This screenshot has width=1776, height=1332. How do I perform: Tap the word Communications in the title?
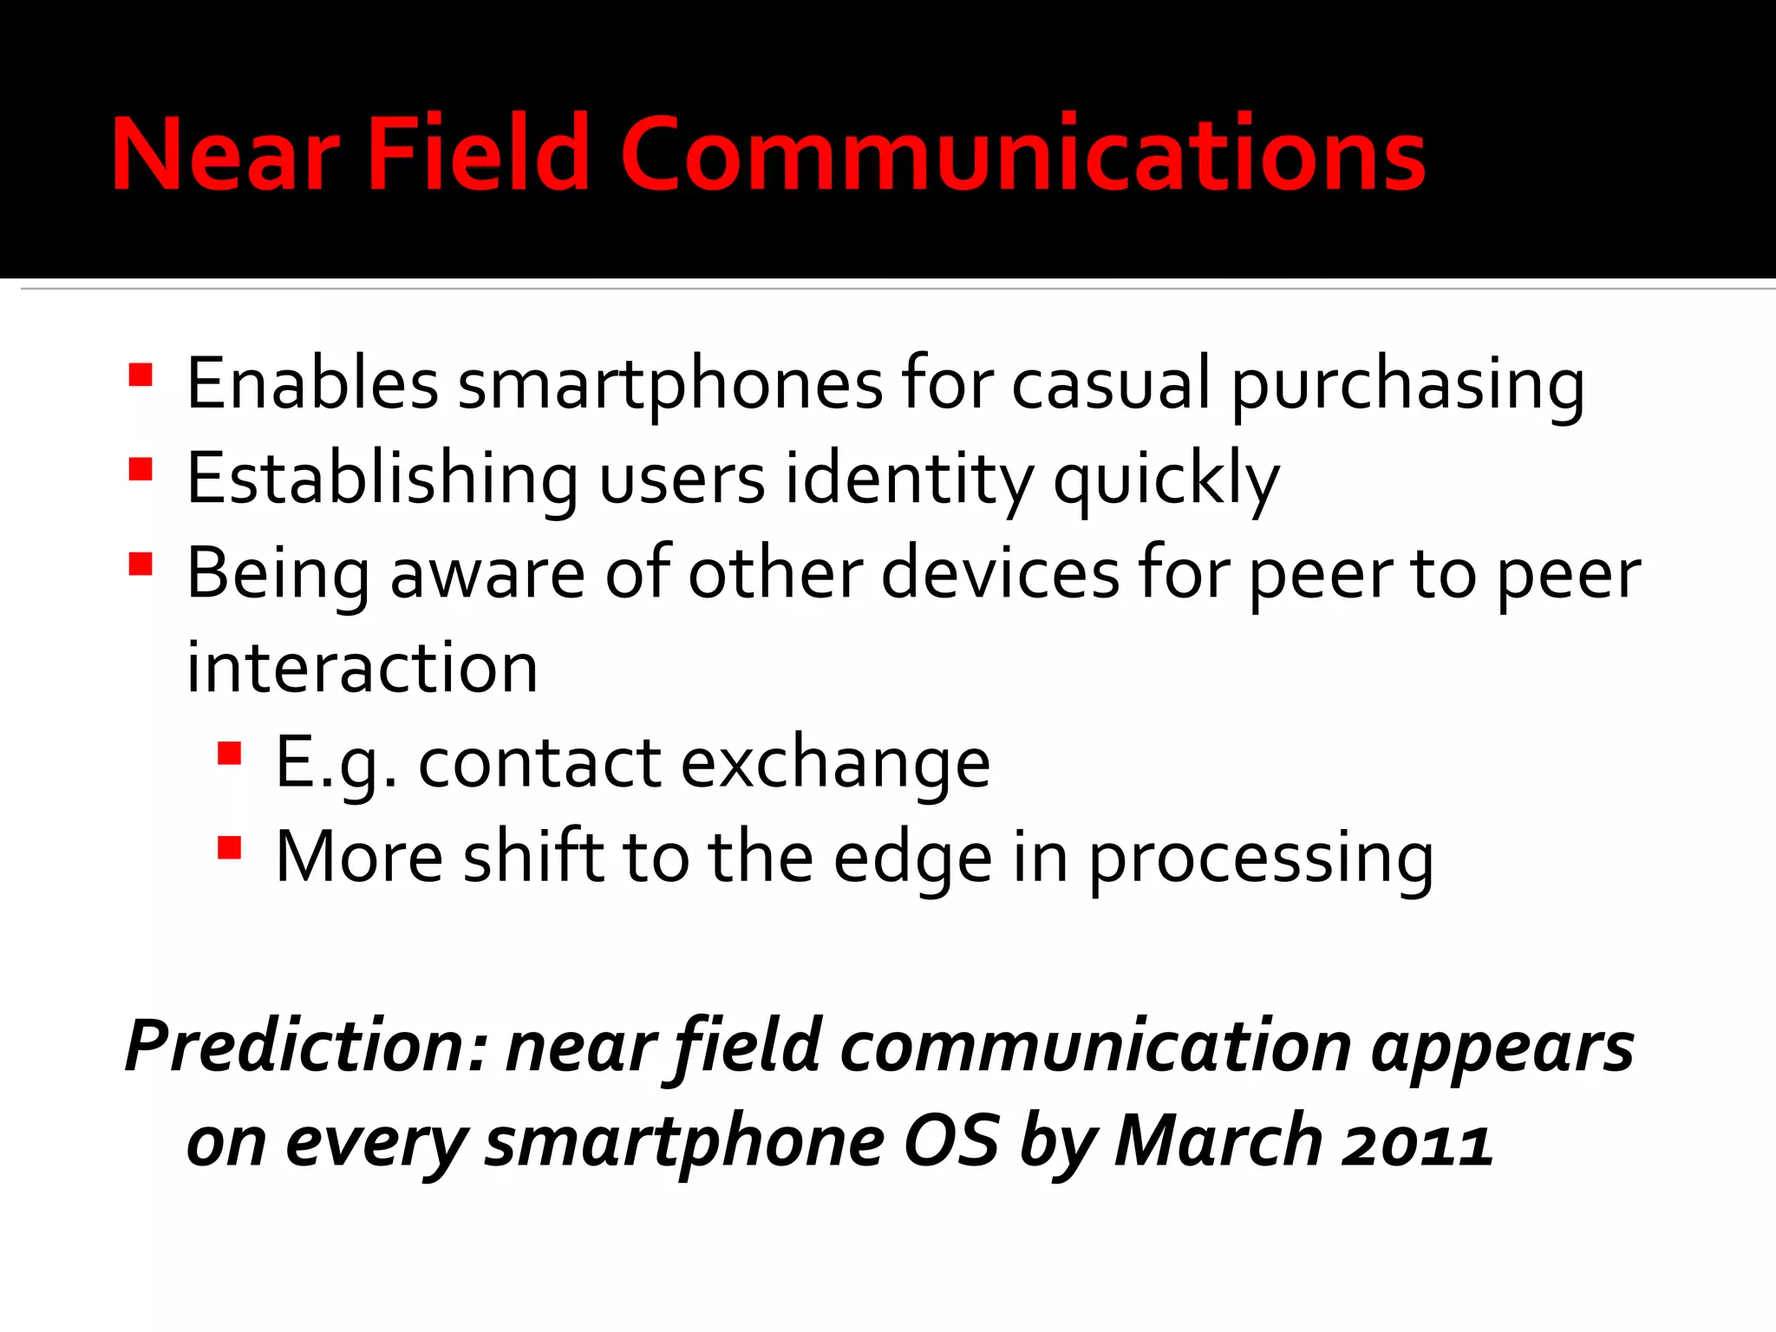[x=1022, y=154]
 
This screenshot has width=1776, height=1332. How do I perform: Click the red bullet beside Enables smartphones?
[x=140, y=375]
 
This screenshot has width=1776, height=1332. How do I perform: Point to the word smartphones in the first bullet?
[x=669, y=384]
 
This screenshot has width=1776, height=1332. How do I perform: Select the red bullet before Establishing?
[x=140, y=469]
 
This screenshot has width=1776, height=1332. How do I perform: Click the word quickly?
[x=1166, y=480]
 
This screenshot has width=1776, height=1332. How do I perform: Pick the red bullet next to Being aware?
[x=140, y=565]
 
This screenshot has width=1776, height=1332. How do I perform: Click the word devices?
[x=1001, y=573]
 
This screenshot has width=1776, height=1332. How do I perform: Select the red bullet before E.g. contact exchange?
[x=229, y=753]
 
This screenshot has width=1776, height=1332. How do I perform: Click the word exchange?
[x=835, y=764]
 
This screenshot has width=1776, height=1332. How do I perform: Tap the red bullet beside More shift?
[x=229, y=847]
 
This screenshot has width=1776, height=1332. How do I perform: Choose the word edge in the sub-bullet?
[x=913, y=859]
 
